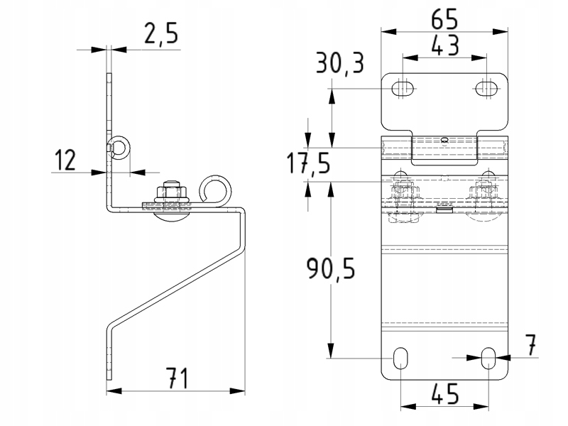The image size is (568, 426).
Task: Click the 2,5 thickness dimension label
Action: [161, 33]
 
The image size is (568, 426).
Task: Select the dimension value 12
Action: [65, 160]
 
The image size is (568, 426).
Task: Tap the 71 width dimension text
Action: [177, 378]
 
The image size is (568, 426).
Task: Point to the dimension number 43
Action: [445, 45]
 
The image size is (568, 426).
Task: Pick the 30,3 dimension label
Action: [340, 63]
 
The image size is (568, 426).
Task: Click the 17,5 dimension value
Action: [308, 163]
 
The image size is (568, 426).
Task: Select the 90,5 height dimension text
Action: [331, 268]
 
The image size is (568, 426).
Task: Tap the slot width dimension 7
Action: [530, 345]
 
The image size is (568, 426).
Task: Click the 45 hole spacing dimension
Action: [445, 394]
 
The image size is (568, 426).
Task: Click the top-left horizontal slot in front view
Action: [403, 88]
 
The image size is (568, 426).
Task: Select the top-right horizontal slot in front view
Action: [486, 88]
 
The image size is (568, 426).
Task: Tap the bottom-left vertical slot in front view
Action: [400, 359]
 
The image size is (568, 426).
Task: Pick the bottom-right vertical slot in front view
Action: [488, 359]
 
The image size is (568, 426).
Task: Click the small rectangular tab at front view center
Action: [445, 209]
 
